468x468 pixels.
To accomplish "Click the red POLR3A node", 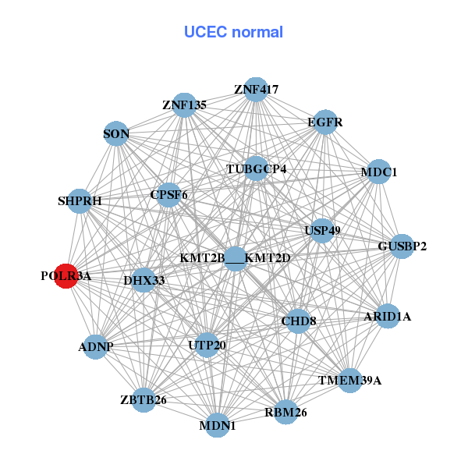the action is pyautogui.click(x=66, y=276).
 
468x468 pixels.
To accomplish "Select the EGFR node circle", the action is pyautogui.click(x=324, y=122).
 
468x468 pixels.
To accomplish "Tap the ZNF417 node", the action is pyautogui.click(x=256, y=90).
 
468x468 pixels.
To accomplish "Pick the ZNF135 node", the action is pyautogui.click(x=184, y=105).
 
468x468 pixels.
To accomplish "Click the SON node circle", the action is pyautogui.click(x=116, y=134).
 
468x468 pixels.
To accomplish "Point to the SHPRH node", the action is pyautogui.click(x=80, y=201).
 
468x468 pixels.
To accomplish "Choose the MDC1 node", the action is pyautogui.click(x=378, y=172).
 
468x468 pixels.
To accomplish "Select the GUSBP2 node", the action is pyautogui.click(x=402, y=246).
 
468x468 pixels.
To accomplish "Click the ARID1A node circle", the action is pyautogui.click(x=388, y=317).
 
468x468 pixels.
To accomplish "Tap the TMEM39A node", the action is pyautogui.click(x=350, y=381).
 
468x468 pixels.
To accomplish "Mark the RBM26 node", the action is pyautogui.click(x=285, y=412).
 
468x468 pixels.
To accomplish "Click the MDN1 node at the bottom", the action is pyautogui.click(x=217, y=425).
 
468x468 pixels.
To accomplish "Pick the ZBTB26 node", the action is pyautogui.click(x=144, y=400).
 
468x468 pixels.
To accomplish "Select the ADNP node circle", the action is pyautogui.click(x=95, y=346).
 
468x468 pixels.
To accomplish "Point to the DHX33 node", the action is pyautogui.click(x=144, y=280).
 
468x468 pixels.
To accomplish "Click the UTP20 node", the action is pyautogui.click(x=207, y=345).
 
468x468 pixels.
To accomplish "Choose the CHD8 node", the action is pyautogui.click(x=298, y=321).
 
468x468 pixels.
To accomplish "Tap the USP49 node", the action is pyautogui.click(x=321, y=231).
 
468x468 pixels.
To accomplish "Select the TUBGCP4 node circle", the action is pyautogui.click(x=257, y=168).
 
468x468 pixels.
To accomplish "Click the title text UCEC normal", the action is pyautogui.click(x=233, y=32).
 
